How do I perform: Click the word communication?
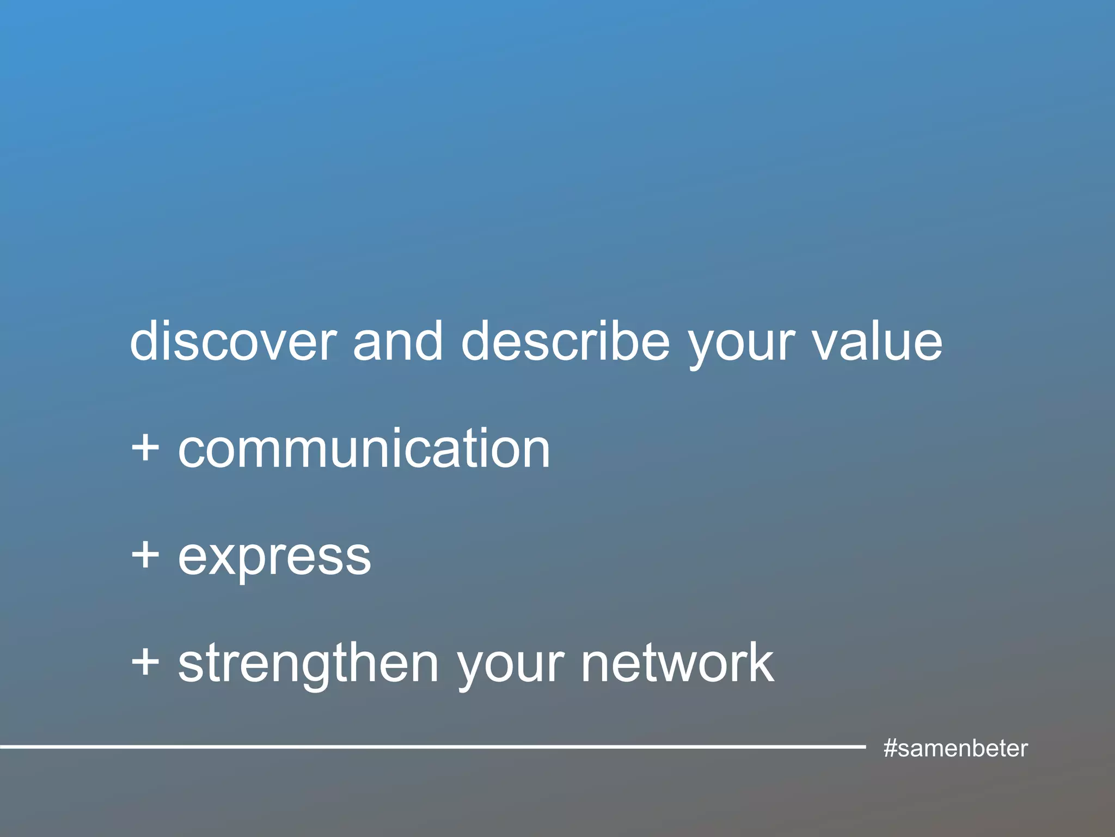(364, 448)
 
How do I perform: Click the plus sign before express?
(145, 556)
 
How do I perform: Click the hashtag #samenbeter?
(955, 748)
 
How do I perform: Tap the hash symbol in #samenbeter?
(890, 748)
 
